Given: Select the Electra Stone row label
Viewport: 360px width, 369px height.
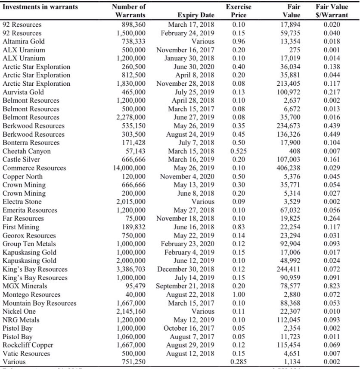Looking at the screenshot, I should tap(22, 201).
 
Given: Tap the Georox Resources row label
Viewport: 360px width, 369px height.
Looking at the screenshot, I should tap(29, 235).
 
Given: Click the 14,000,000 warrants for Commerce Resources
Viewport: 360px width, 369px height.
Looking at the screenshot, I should tap(129, 168).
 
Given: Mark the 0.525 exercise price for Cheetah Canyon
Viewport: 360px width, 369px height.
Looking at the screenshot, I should tap(238, 151).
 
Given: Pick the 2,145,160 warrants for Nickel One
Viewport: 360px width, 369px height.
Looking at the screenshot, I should tap(131, 311).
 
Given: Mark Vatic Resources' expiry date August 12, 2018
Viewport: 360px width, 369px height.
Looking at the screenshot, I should tap(190, 353).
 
